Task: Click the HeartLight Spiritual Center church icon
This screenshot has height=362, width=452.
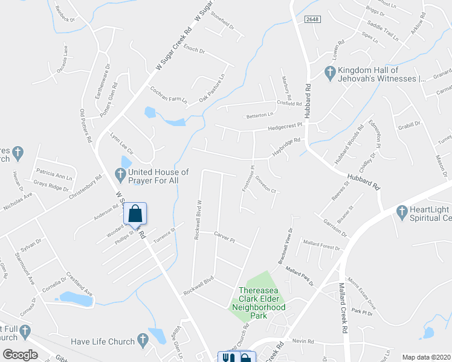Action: coord(401,212)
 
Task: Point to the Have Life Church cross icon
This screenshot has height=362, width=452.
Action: coord(143,341)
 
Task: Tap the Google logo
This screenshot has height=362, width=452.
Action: coord(20,355)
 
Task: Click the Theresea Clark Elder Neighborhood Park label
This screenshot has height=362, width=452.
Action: coord(259,299)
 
